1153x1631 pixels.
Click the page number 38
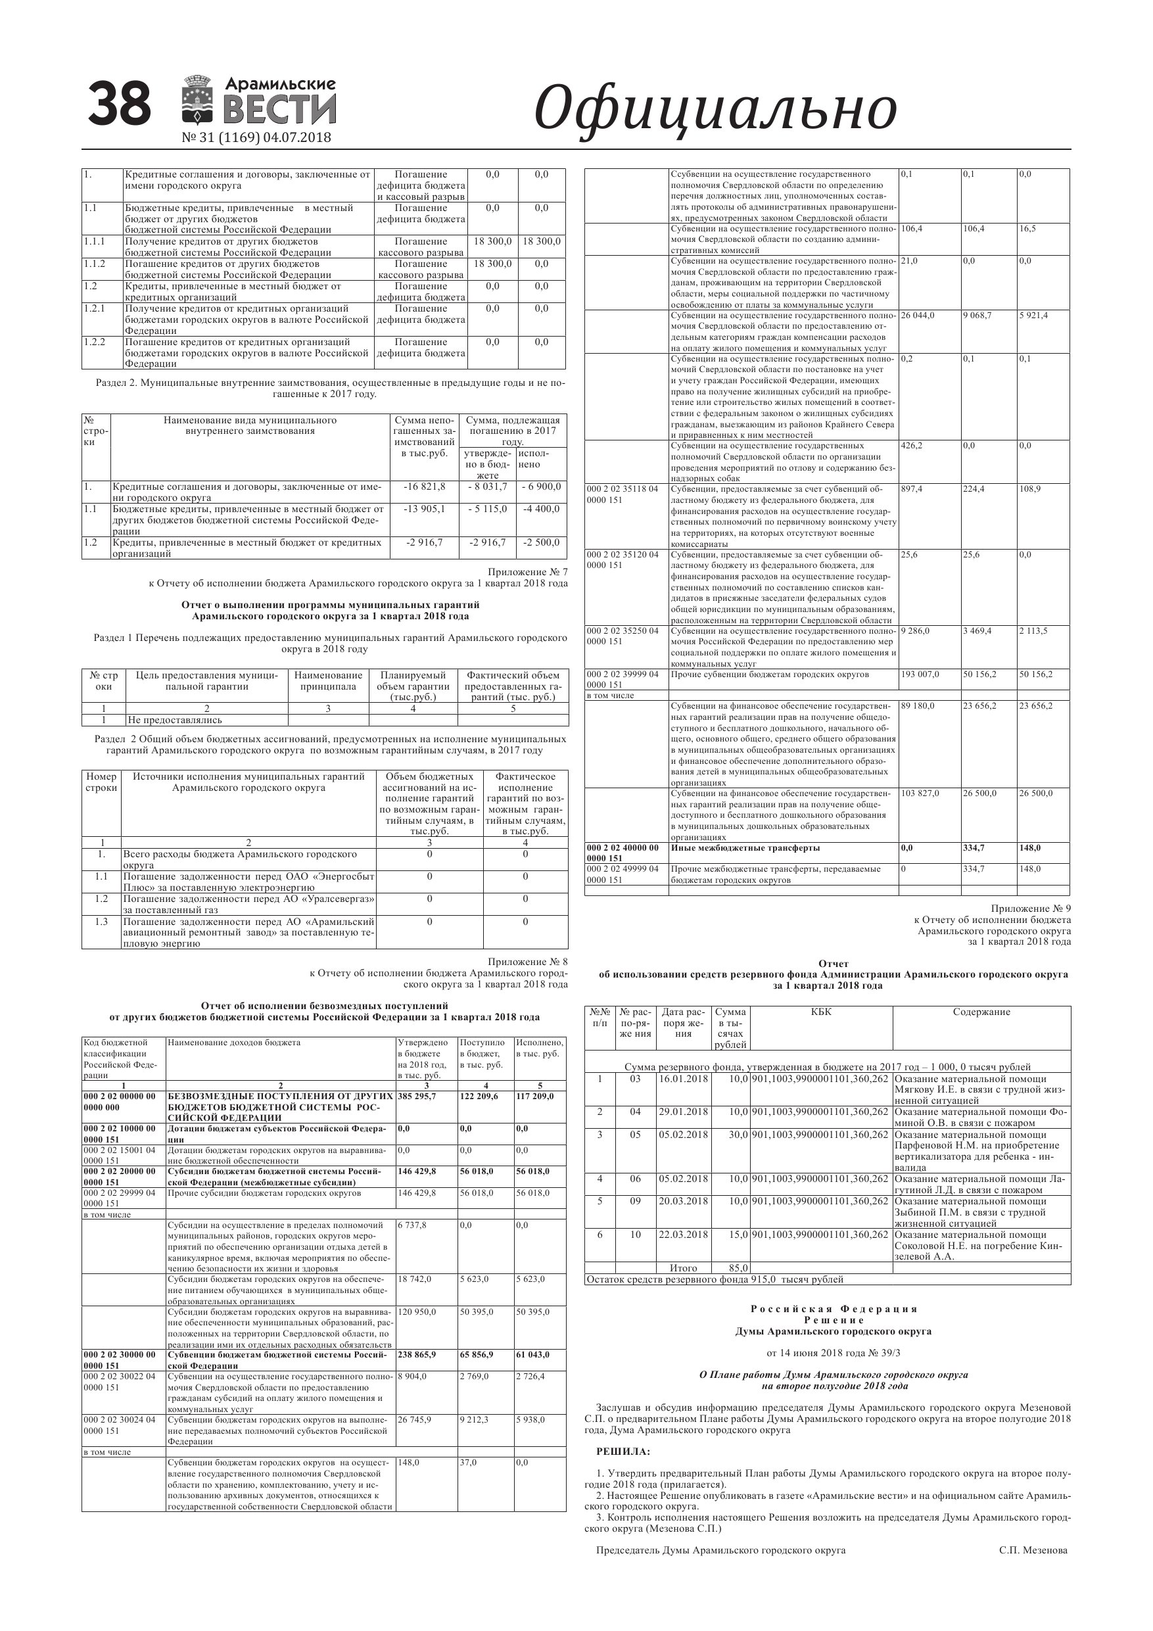click(x=120, y=104)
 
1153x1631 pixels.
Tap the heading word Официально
click(x=715, y=108)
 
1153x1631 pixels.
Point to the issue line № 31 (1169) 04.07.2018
click(x=256, y=137)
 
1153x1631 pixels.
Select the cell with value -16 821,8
click(x=425, y=486)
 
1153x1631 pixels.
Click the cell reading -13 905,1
click(x=425, y=509)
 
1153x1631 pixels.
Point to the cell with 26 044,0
click(x=918, y=316)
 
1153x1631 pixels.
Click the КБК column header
click(x=820, y=1012)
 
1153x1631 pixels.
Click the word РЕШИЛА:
click(x=623, y=1452)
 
